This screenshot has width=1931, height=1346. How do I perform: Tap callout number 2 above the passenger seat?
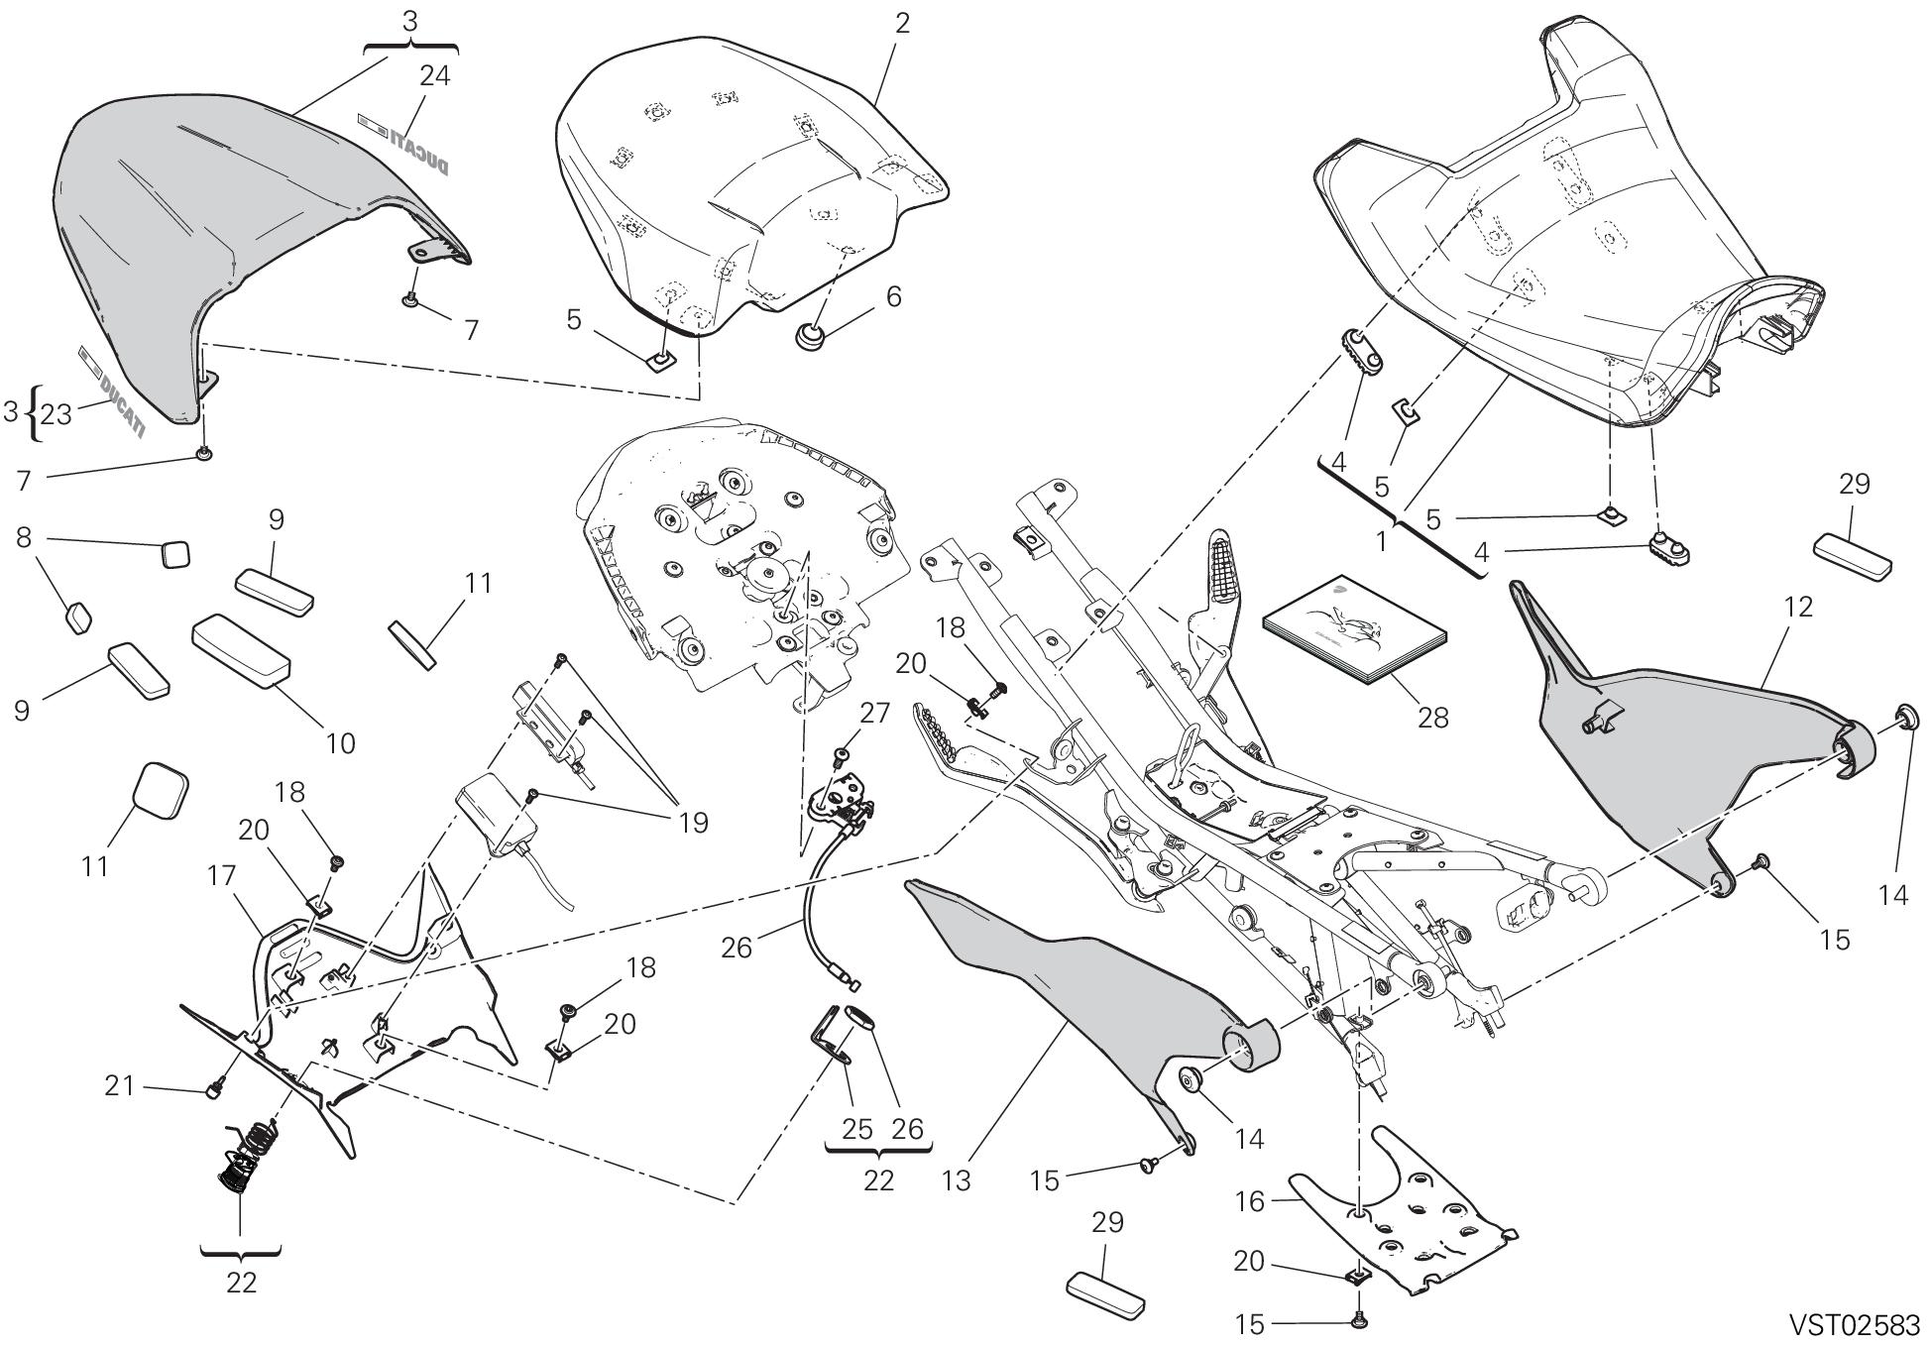(901, 24)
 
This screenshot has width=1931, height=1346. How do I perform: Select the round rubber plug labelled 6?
(816, 335)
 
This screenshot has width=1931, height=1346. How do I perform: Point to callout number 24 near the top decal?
(433, 75)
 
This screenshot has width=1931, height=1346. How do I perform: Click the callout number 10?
(340, 742)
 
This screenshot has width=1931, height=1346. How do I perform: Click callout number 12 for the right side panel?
(1797, 607)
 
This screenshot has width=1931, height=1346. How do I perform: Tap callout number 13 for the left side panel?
(957, 1180)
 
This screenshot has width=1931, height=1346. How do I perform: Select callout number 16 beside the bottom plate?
(1250, 1202)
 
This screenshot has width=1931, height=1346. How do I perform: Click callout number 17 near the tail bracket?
(221, 875)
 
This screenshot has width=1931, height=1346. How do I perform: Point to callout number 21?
(119, 1086)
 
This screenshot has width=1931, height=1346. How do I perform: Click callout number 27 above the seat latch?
(875, 713)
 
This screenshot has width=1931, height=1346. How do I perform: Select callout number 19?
(693, 822)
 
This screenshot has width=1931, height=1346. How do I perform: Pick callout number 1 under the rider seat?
(1381, 542)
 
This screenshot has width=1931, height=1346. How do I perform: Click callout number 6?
(893, 295)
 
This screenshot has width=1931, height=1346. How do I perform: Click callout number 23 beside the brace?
(57, 414)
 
